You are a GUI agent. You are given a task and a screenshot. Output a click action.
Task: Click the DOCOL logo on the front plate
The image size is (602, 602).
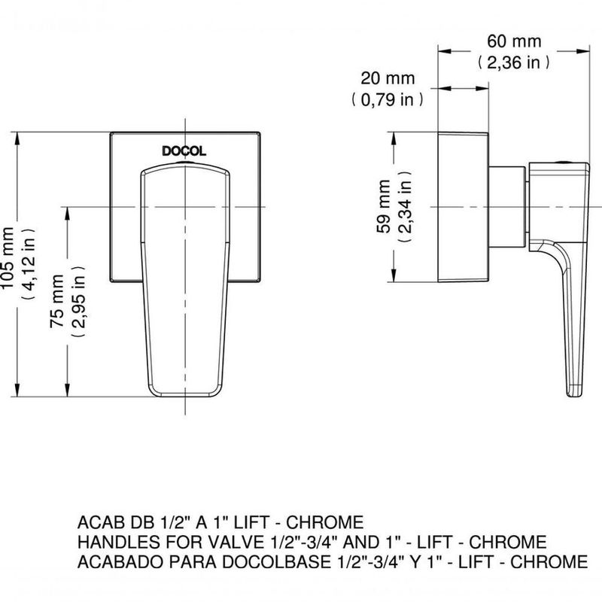[184, 151]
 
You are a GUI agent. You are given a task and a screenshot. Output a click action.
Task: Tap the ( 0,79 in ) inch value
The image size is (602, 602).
[388, 99]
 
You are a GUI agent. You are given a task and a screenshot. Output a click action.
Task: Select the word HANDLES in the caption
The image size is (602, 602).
[112, 542]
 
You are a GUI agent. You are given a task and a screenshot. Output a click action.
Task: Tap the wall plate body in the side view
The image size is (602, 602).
[464, 207]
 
